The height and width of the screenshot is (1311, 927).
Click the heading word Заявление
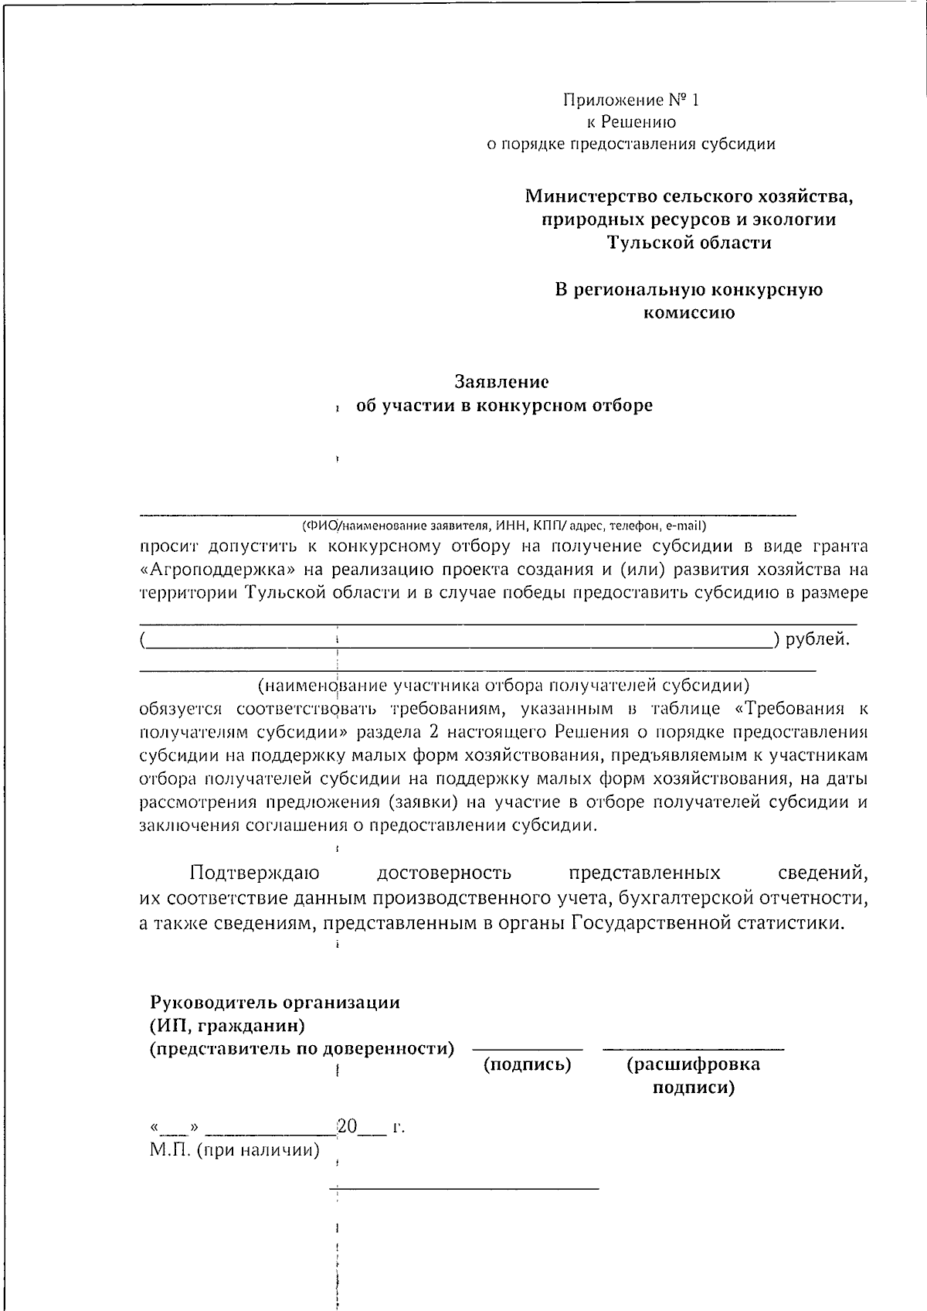tap(502, 382)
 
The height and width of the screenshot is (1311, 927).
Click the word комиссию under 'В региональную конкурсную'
tap(689, 313)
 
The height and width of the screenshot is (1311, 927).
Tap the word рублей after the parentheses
tap(817, 639)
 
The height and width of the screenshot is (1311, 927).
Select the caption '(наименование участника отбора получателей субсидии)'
tap(504, 685)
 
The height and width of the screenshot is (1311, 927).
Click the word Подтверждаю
tap(254, 873)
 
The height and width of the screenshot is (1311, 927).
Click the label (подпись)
tap(527, 1065)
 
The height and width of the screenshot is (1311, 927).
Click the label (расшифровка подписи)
tap(693, 1075)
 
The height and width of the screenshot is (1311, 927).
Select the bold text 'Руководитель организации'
tap(275, 1003)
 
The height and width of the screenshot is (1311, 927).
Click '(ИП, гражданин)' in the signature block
tap(227, 1027)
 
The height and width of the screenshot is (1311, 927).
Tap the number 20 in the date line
tap(347, 1126)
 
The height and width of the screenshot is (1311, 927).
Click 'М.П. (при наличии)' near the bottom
tap(235, 1150)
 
